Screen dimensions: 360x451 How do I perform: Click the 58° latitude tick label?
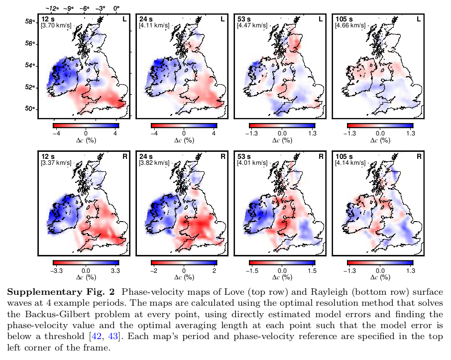[30, 21]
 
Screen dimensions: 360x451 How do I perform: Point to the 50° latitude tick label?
[30, 109]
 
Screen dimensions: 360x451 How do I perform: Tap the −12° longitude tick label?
[52, 8]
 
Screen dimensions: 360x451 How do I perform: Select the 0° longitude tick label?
[117, 8]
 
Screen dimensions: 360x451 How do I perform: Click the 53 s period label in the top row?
[243, 19]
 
